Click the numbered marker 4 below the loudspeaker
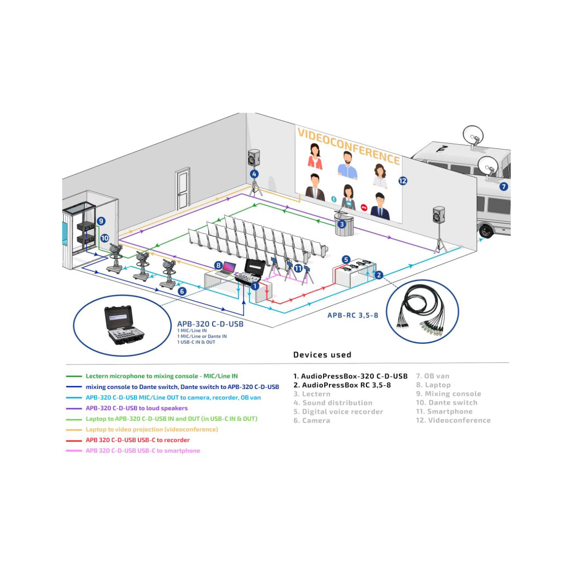pyautogui.click(x=254, y=174)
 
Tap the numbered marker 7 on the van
pyautogui.click(x=503, y=186)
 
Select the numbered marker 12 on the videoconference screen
pyautogui.click(x=402, y=181)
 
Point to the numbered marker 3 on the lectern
pyautogui.click(x=342, y=224)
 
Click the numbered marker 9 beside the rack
pyautogui.click(x=101, y=221)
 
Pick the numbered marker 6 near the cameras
pyautogui.click(x=182, y=291)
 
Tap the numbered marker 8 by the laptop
pyautogui.click(x=218, y=265)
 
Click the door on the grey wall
pyautogui.click(x=183, y=188)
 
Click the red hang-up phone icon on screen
pyautogui.click(x=364, y=207)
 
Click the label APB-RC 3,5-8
pyautogui.click(x=353, y=315)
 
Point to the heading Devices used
pyautogui.click(x=322, y=355)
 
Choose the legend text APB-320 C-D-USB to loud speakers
pyautogui.click(x=137, y=408)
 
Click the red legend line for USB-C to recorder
pyautogui.click(x=74, y=440)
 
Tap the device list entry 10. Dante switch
pyautogui.click(x=447, y=402)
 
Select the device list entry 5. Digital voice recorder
pyautogui.click(x=338, y=411)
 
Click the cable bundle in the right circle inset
pyautogui.click(x=422, y=311)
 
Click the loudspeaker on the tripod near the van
pyautogui.click(x=439, y=214)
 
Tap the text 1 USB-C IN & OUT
pyautogui.click(x=196, y=342)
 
